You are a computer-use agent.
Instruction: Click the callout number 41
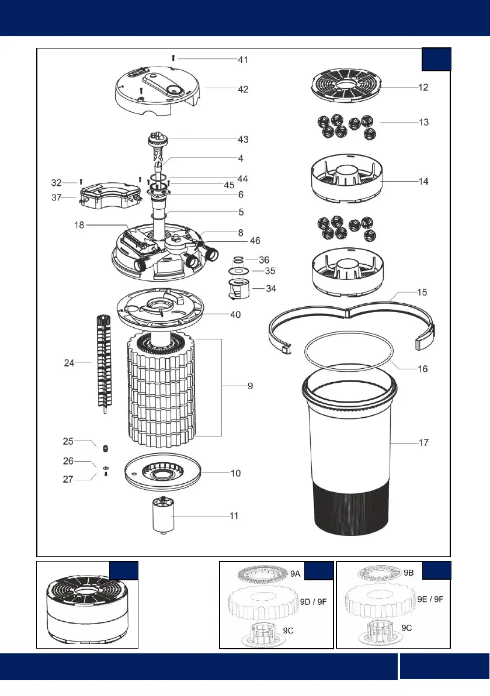tap(242, 60)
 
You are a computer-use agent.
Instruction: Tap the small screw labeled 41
tap(173, 58)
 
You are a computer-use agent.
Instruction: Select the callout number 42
tap(242, 89)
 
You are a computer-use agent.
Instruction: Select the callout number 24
tap(70, 363)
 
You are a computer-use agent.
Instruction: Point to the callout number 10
tap(235, 473)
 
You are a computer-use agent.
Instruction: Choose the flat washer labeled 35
tap(237, 271)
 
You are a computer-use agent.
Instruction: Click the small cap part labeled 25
tap(106, 448)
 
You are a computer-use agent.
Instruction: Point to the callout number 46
tap(255, 240)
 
